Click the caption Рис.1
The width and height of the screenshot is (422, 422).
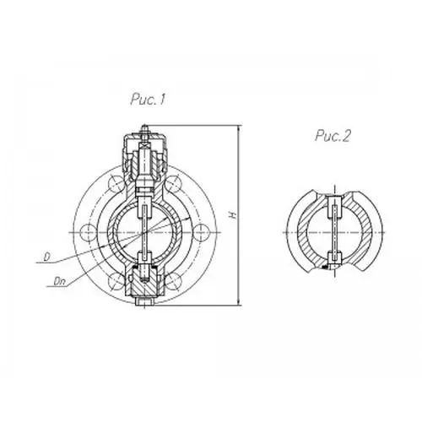147,100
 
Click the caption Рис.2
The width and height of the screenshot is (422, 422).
333,136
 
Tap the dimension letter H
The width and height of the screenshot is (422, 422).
233,215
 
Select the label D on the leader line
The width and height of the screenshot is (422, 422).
46,257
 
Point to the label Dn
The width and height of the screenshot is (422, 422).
59,281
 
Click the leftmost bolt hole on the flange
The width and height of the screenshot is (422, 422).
88,232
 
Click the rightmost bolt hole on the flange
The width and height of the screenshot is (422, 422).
202,232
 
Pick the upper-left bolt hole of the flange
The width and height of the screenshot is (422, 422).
116,183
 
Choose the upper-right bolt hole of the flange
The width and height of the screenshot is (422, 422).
173,183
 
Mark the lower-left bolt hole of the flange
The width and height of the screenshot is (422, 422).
116,281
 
